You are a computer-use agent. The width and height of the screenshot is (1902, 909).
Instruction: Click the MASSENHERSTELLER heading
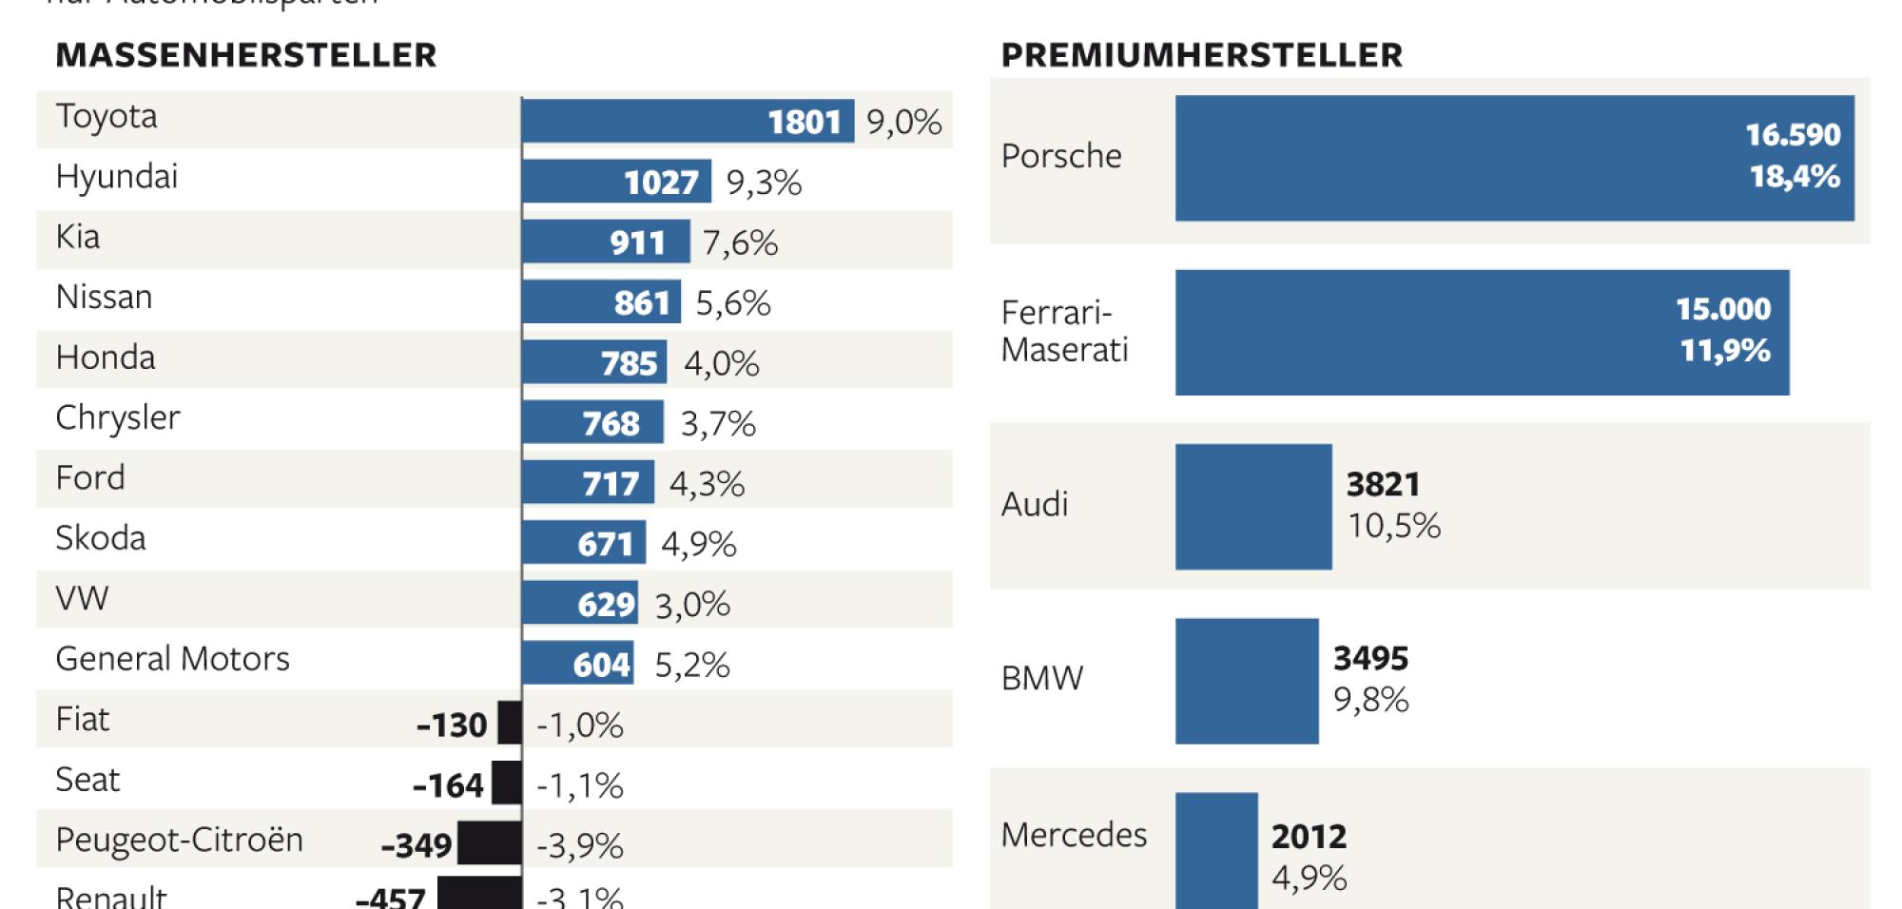246,55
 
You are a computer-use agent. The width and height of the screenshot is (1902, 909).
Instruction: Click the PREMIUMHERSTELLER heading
1201,55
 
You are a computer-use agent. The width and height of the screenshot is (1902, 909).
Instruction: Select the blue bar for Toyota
687,121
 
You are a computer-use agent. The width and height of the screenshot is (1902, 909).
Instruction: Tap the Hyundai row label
117,177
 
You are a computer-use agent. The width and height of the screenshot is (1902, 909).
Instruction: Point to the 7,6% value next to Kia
740,243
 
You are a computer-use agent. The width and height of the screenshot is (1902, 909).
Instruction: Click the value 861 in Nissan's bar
642,303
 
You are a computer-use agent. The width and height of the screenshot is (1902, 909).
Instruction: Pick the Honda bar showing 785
593,362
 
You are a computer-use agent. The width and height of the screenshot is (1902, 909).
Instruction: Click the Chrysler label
118,418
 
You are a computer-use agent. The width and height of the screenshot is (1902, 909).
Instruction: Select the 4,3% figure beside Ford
707,484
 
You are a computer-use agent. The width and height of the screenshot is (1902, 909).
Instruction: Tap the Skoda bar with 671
583,543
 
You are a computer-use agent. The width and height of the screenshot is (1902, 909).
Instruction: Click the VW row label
82,599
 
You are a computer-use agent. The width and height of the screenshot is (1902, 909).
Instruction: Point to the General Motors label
172,659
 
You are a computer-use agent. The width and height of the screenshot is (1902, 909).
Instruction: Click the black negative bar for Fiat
510,723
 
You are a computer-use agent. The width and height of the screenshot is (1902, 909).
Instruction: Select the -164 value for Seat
448,785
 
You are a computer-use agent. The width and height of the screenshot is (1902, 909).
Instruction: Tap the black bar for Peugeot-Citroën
489,844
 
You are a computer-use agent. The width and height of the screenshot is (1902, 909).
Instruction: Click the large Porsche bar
1514,158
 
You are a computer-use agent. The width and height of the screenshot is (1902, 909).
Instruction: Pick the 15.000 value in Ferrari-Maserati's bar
1723,309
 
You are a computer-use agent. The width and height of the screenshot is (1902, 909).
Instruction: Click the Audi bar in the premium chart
1252,507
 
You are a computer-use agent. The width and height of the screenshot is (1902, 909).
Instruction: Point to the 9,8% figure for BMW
1370,701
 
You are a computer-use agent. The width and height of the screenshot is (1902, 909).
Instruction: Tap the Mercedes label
1074,835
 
